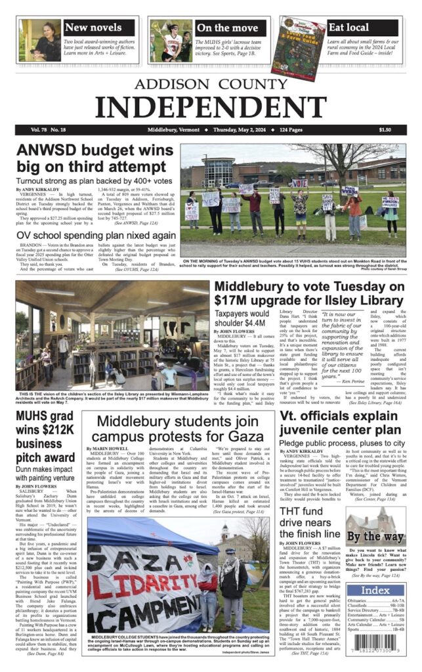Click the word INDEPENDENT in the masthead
(211, 106)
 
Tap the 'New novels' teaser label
(93, 28)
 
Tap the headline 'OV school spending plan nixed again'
(96, 236)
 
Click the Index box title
(376, 591)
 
